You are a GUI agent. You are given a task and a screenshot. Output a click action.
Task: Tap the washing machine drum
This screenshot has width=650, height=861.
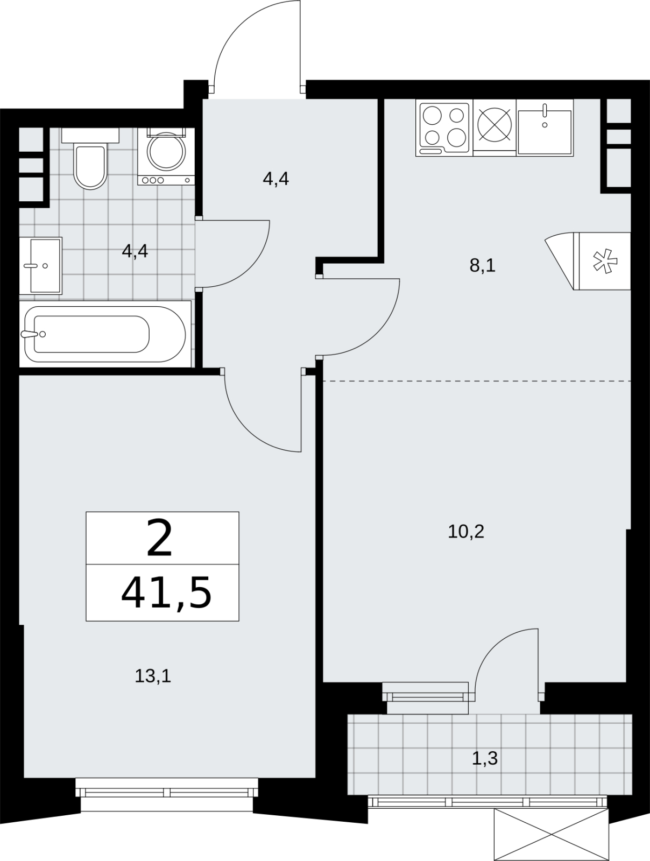point(166,152)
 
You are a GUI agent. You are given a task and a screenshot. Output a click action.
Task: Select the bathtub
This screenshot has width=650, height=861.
point(105,334)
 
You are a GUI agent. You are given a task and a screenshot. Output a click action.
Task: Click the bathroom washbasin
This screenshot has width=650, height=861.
point(41,265)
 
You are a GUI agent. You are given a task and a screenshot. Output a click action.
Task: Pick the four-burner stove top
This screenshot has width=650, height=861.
point(444,129)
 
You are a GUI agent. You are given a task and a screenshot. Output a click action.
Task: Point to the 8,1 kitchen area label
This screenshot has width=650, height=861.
point(483,266)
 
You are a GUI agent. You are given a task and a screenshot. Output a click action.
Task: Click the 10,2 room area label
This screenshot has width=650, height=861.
point(466,532)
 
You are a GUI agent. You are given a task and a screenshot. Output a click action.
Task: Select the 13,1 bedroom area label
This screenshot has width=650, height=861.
point(152,676)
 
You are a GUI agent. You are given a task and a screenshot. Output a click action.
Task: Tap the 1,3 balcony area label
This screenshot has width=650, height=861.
point(485,758)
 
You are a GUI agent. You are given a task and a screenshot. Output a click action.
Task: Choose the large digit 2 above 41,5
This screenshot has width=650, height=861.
point(159,537)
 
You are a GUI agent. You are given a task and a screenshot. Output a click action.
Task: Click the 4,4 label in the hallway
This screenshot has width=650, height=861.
point(276,179)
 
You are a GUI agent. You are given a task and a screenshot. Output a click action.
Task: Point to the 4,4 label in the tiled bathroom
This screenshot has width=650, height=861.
point(135,251)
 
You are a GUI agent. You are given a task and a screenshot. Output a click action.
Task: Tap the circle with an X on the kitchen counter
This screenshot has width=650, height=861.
point(494,124)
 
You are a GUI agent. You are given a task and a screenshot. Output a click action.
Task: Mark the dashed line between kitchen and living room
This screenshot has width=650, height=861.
point(476,381)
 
